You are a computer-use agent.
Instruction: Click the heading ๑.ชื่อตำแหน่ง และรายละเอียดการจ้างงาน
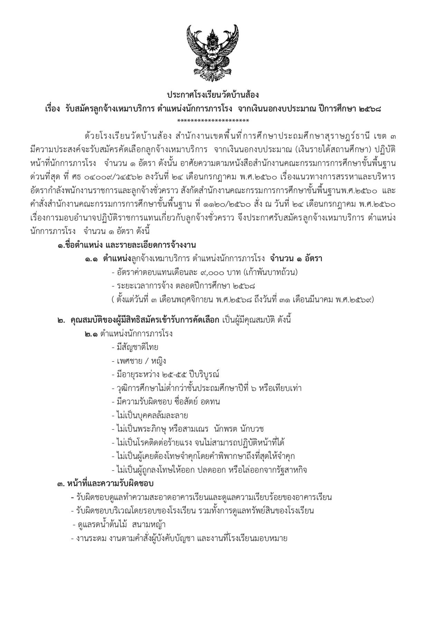127,246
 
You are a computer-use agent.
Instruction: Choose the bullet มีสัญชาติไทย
137,347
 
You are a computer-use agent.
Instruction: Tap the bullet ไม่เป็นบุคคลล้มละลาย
152,416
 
